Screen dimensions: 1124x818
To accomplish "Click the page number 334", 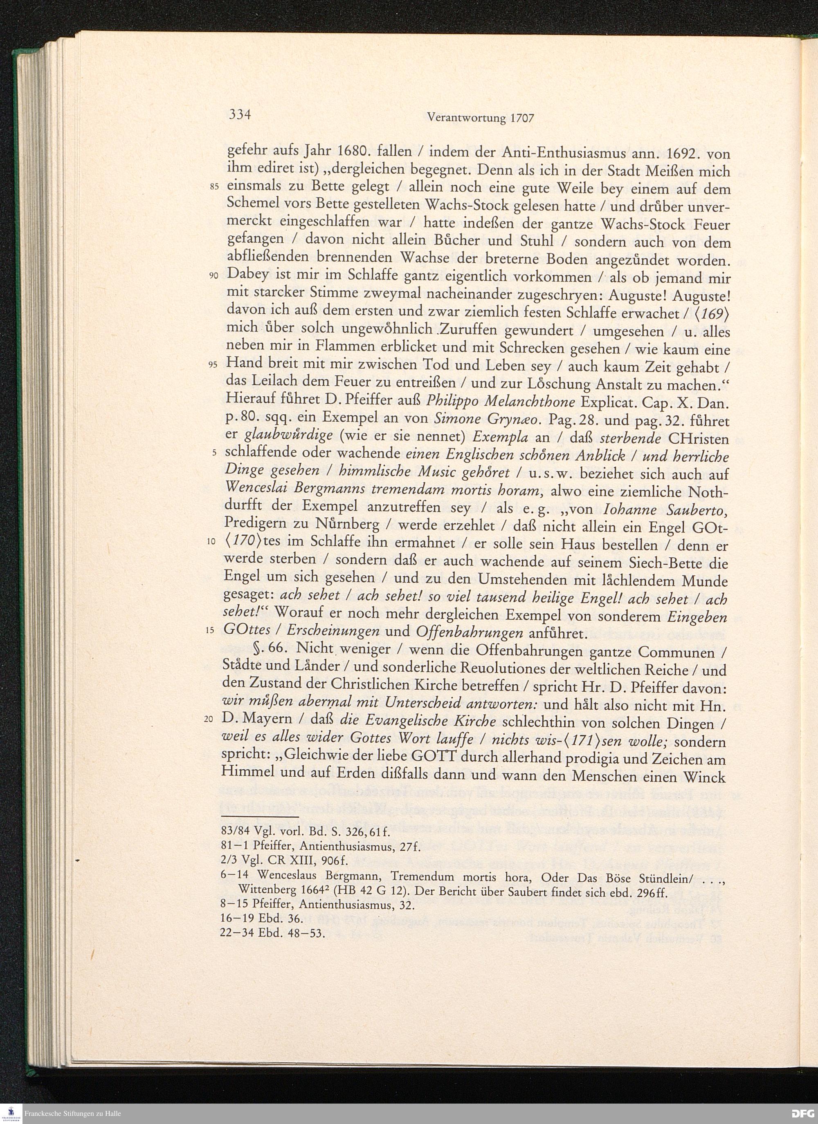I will (240, 114).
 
